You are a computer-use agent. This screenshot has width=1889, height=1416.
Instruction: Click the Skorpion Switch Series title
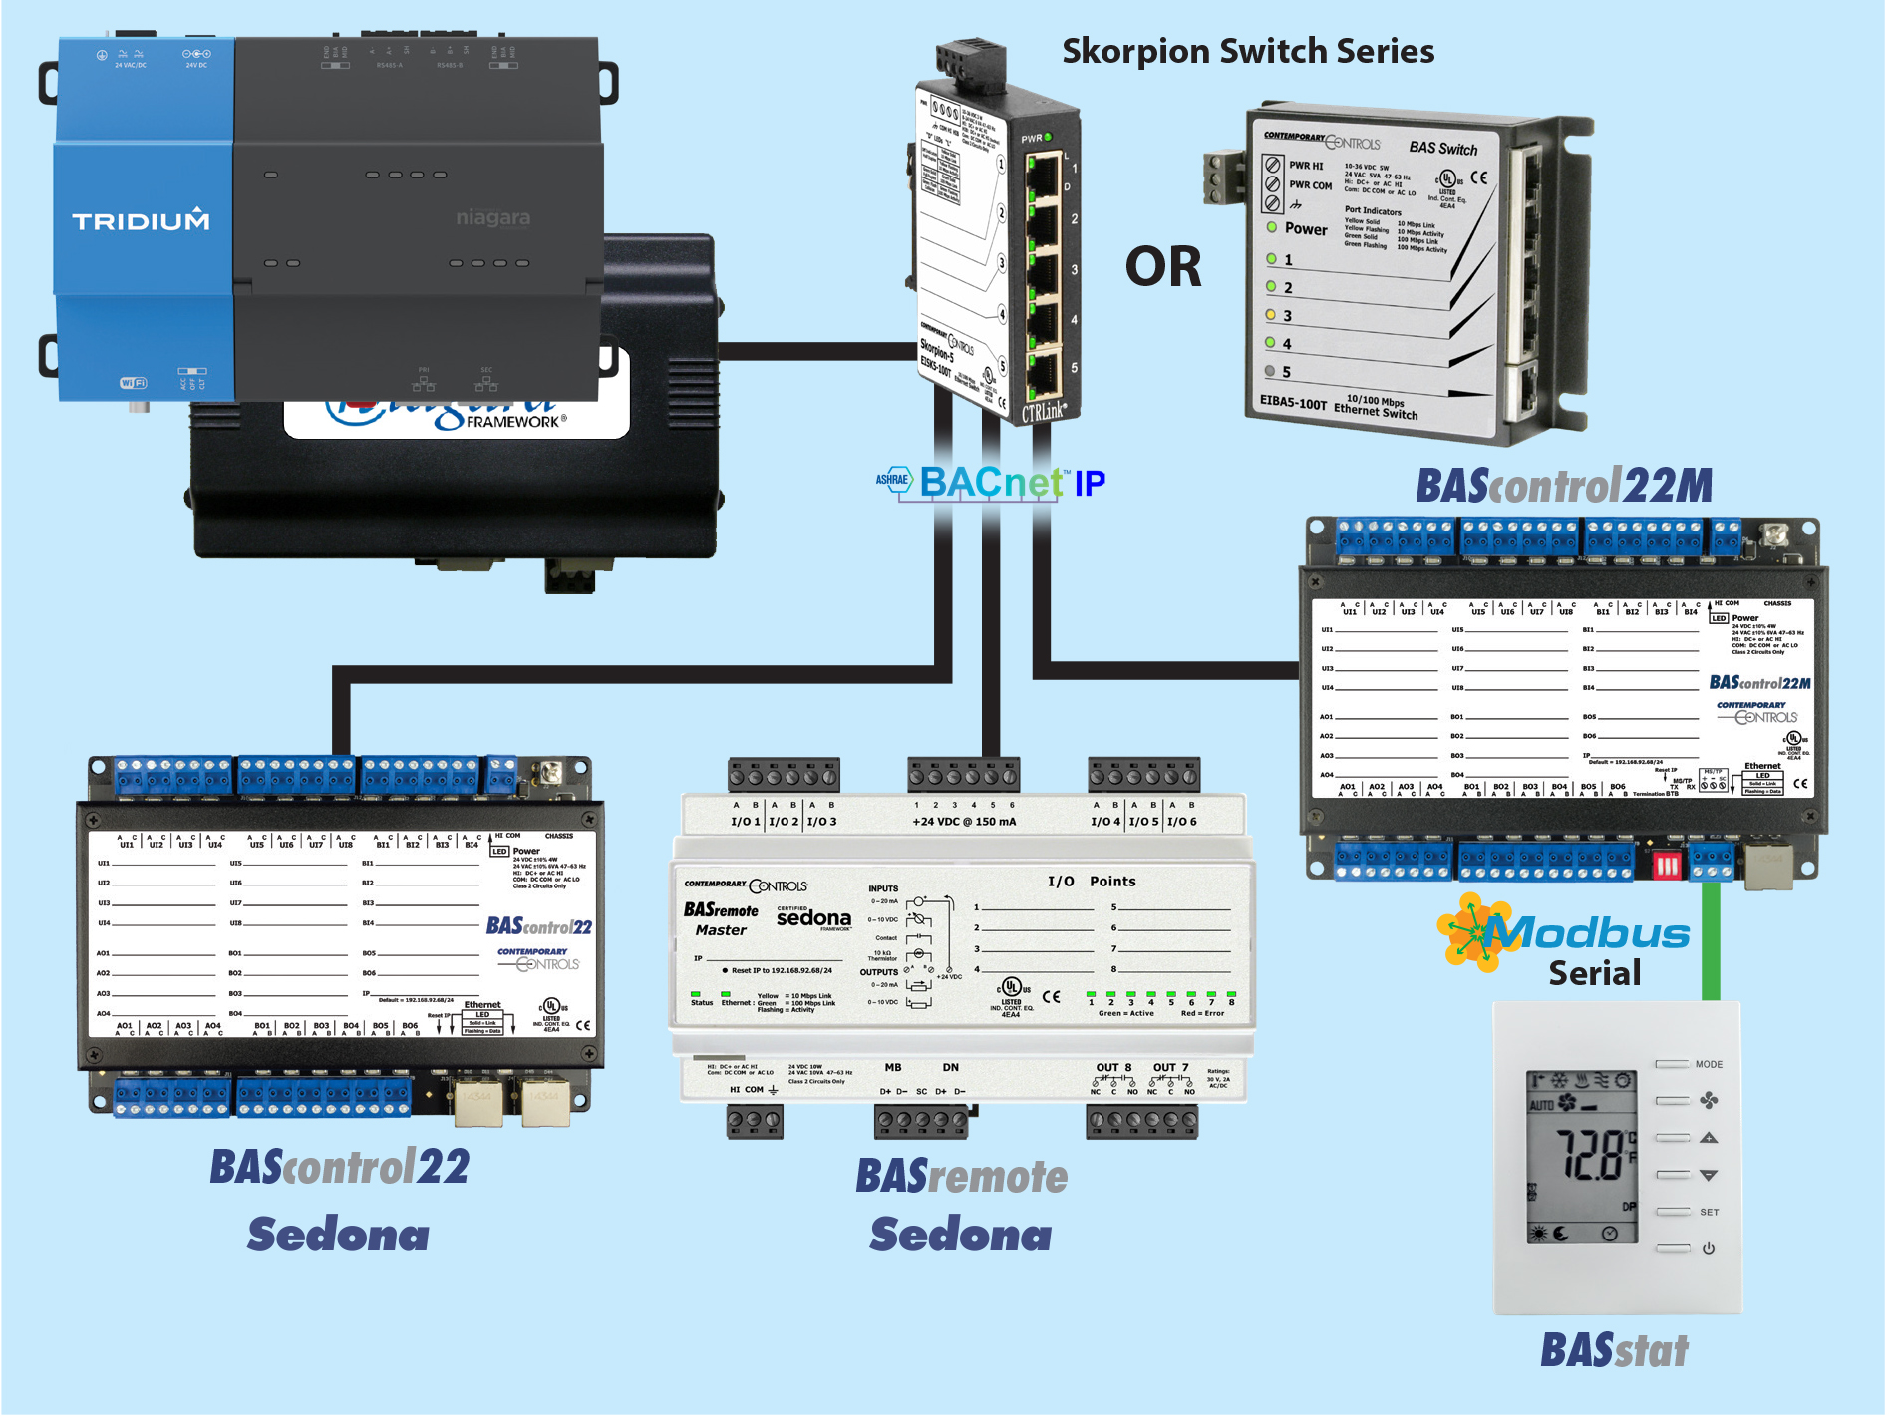click(1247, 51)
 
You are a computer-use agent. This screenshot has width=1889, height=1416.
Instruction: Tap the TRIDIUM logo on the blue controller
click(141, 220)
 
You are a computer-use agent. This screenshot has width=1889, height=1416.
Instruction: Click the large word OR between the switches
click(1163, 267)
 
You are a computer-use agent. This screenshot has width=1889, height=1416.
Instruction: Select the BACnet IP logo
click(992, 483)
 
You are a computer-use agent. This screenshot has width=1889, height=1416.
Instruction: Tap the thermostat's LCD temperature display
click(1583, 1157)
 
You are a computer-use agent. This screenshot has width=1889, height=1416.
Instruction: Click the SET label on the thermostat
click(1710, 1213)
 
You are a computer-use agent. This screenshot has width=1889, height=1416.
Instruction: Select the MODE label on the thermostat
click(1709, 1065)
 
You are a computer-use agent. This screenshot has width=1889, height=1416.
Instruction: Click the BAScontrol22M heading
click(1563, 487)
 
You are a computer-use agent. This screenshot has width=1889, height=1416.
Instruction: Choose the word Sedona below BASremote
click(960, 1236)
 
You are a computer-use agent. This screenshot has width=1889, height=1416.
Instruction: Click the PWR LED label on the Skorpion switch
click(1032, 139)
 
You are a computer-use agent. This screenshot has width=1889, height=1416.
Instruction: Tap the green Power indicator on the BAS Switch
click(1272, 227)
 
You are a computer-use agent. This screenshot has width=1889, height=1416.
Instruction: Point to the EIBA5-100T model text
click(1293, 402)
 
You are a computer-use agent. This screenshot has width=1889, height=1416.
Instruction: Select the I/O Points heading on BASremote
click(1091, 882)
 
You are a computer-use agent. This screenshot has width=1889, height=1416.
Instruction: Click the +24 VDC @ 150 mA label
click(964, 822)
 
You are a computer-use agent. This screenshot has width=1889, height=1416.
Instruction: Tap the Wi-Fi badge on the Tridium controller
click(133, 383)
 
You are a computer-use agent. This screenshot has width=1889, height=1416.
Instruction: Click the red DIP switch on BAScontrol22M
click(1667, 865)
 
